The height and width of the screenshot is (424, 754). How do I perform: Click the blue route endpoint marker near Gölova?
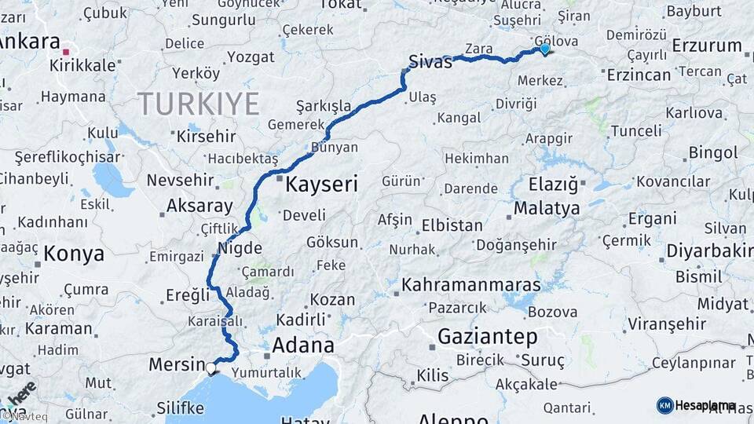[544, 49]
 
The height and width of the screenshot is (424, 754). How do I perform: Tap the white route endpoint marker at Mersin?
[211, 366]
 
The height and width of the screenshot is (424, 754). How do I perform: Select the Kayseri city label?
[321, 185]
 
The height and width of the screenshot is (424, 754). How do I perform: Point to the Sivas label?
[430, 61]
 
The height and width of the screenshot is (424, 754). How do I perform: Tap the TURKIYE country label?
[199, 104]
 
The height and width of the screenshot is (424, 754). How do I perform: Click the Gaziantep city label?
[488, 338]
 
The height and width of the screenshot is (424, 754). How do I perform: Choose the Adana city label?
[302, 345]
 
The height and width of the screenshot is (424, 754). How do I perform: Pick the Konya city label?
[74, 254]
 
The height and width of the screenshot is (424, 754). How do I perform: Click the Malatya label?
[547, 208]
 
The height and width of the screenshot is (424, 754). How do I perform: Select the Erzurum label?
[707, 46]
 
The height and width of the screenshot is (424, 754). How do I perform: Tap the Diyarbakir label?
[709, 251]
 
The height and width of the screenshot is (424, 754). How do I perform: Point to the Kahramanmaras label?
[471, 284]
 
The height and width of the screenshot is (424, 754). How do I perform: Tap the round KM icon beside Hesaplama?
[664, 405]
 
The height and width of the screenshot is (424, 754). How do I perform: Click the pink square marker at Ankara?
[67, 52]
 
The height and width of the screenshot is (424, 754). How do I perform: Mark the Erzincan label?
[639, 75]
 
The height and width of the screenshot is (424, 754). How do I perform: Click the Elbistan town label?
[452, 225]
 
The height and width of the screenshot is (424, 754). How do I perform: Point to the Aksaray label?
[199, 207]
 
